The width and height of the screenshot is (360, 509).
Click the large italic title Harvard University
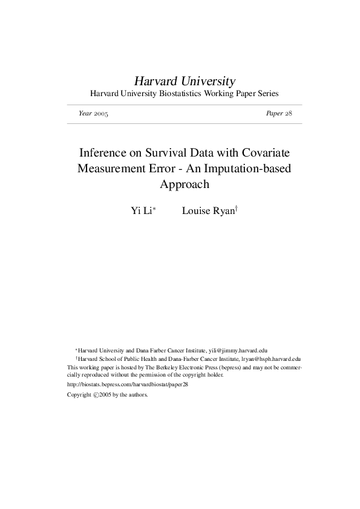click(185, 81)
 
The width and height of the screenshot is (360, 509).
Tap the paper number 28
click(289, 114)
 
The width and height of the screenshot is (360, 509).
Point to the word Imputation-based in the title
click(251, 168)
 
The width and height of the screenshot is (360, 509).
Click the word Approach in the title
click(184, 184)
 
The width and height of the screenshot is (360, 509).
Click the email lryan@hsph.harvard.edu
click(268, 358)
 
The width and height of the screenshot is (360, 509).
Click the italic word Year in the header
click(85, 114)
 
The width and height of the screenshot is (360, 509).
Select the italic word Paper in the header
click(274, 114)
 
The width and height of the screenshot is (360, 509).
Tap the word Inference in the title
click(103, 152)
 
